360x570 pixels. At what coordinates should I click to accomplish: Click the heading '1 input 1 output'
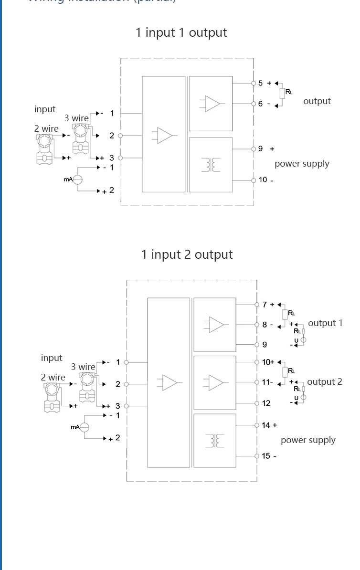pyautogui.click(x=181, y=32)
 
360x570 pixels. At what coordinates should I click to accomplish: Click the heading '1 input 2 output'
pyautogui.click(x=187, y=254)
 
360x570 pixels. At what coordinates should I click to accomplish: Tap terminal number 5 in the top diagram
pyautogui.click(x=260, y=83)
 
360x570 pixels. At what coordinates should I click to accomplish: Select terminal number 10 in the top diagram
pyautogui.click(x=263, y=180)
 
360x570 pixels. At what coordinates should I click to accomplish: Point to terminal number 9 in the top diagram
pyautogui.click(x=260, y=149)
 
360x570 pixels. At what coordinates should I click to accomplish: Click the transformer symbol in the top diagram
pyautogui.click(x=211, y=165)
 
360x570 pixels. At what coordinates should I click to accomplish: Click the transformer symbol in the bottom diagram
pyautogui.click(x=215, y=440)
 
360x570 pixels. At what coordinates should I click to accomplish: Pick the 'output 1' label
pyautogui.click(x=325, y=323)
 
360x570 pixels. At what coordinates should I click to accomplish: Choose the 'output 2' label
pyautogui.click(x=325, y=382)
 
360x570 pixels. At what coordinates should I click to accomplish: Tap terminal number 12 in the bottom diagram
pyautogui.click(x=266, y=403)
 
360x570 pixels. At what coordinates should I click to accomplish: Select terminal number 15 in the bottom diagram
pyautogui.click(x=266, y=456)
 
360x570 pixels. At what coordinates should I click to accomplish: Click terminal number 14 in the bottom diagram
pyautogui.click(x=266, y=425)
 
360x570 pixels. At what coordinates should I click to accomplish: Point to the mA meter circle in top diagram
pyautogui.click(x=77, y=179)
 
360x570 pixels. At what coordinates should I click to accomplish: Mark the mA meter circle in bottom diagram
pyautogui.click(x=85, y=427)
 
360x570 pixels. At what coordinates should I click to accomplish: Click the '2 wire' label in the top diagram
pyautogui.click(x=46, y=129)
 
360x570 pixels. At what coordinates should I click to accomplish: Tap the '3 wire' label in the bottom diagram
pyautogui.click(x=83, y=367)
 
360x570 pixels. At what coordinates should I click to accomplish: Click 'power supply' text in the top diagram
pyautogui.click(x=302, y=164)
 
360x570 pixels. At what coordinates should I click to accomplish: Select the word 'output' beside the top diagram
pyautogui.click(x=317, y=101)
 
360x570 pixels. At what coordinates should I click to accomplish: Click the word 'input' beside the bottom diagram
pyautogui.click(x=52, y=358)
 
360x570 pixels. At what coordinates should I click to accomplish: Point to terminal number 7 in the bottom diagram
pyautogui.click(x=265, y=305)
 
